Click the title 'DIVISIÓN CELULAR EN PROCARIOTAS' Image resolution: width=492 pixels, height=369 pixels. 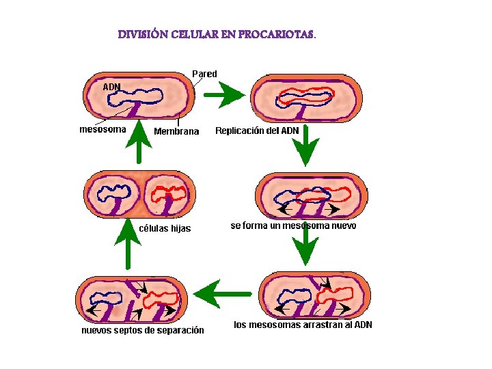tap(217, 33)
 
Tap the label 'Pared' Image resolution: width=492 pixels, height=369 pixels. tap(204, 73)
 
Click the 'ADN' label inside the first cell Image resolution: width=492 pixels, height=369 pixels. tap(111, 87)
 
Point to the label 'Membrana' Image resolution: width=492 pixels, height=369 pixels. tap(176, 131)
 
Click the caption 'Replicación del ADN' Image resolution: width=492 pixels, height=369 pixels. tap(257, 131)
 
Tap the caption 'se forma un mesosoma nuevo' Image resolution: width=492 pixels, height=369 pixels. tap(293, 225)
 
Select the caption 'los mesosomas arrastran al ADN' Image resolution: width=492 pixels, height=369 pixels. tap(303, 325)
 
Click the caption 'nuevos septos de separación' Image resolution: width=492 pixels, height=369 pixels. tap(142, 330)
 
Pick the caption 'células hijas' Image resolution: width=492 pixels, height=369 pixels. tap(165, 228)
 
